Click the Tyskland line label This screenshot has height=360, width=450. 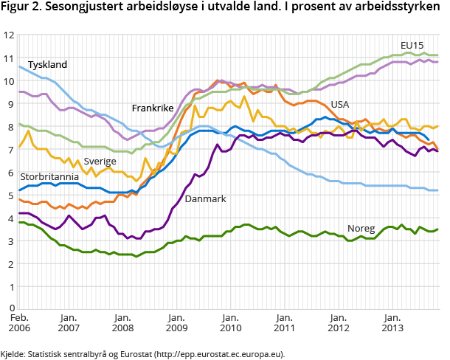(x=48, y=65)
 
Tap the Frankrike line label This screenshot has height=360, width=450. (x=153, y=108)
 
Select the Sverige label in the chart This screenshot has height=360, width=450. (x=100, y=161)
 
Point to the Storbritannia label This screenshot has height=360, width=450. (x=49, y=177)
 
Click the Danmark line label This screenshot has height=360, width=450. (x=205, y=199)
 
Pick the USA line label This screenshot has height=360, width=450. (x=339, y=104)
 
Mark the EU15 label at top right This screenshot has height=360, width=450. (x=411, y=45)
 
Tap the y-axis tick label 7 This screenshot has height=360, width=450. (x=11, y=149)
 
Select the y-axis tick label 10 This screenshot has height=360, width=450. (x=8, y=81)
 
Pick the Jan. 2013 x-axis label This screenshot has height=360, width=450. (x=393, y=322)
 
